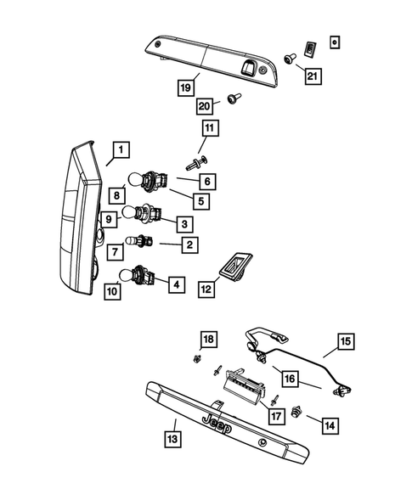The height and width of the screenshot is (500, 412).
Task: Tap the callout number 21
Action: [314, 76]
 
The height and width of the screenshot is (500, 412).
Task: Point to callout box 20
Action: [204, 106]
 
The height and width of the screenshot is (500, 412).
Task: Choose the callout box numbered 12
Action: [206, 289]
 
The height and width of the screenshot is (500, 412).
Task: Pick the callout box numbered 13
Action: [172, 439]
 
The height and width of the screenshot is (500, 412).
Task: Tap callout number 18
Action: [207, 340]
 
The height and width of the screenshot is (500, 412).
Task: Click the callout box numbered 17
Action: [275, 416]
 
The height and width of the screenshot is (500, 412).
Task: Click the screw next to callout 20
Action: [231, 101]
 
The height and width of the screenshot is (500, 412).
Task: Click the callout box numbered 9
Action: [110, 218]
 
